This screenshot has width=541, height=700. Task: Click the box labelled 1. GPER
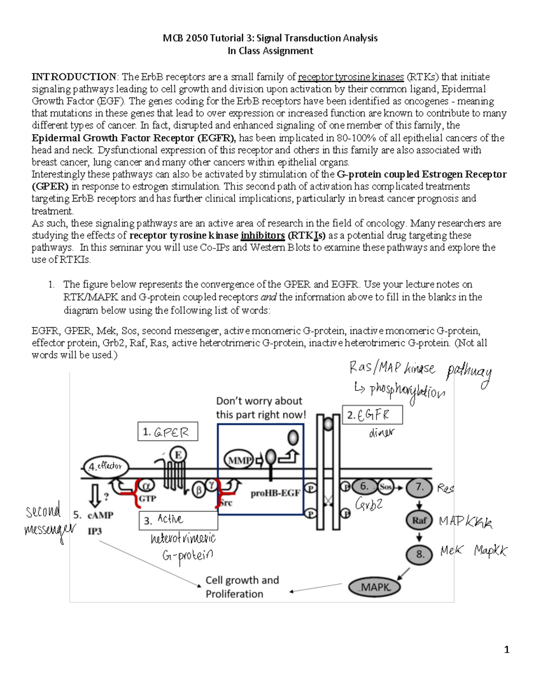168,432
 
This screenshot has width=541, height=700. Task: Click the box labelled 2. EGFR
372,415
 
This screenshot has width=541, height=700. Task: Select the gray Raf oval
419,520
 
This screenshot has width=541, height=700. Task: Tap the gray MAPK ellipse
375,587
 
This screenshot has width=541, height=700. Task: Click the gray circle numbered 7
420,487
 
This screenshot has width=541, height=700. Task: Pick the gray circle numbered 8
420,554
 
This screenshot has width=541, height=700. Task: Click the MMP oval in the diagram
239,460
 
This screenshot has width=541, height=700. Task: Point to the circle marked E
178,455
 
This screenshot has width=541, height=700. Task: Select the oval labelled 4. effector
106,467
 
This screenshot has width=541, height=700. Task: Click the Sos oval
385,487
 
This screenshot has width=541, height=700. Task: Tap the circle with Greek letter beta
198,490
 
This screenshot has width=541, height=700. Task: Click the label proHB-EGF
275,493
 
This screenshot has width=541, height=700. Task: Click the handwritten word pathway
469,374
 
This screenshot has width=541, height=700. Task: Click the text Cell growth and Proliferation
242,587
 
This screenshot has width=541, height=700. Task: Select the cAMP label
100,515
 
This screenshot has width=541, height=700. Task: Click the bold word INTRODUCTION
74,77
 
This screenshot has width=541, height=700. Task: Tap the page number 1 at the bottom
507,650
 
